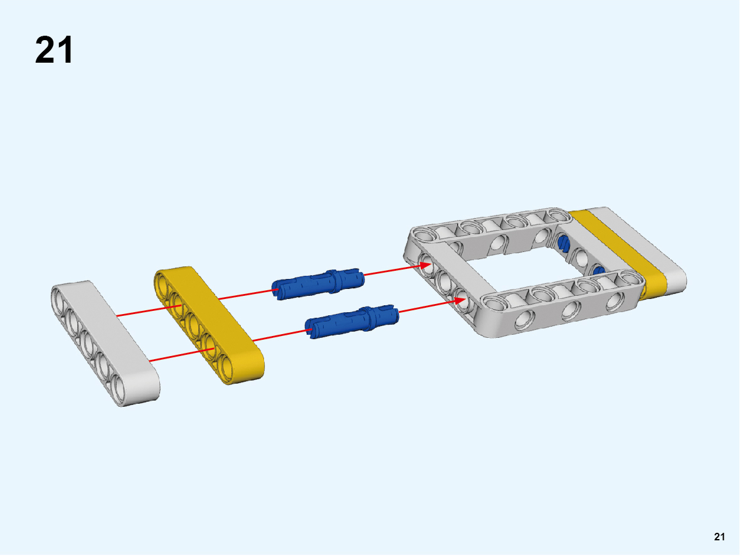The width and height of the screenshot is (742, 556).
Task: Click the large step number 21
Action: click(54, 50)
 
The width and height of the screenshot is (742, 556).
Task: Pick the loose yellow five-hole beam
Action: click(209, 325)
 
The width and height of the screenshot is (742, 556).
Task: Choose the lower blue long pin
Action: click(352, 322)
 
